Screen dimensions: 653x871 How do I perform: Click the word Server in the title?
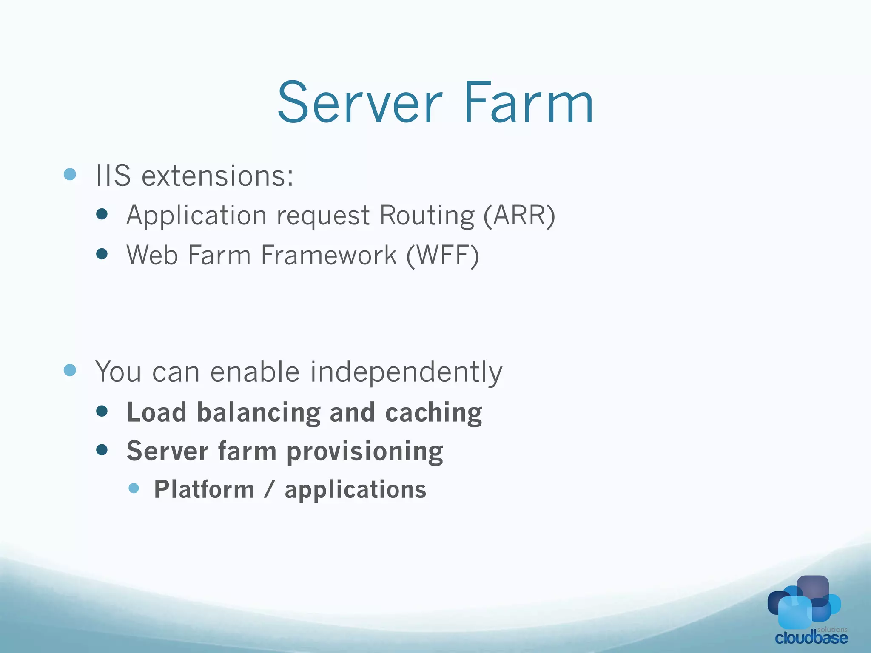pyautogui.click(x=360, y=103)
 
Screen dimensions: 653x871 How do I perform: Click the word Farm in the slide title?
pyautogui.click(x=529, y=103)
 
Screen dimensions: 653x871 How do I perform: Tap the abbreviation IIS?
pyautogui.click(x=113, y=175)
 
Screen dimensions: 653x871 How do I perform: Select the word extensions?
pyautogui.click(x=217, y=176)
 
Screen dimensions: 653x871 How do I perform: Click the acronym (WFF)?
pyautogui.click(x=443, y=255)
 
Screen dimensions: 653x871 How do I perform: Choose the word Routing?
pyautogui.click(x=427, y=216)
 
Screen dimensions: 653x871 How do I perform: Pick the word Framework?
pyautogui.click(x=329, y=255)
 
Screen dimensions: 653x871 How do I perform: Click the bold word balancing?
pyautogui.click(x=259, y=413)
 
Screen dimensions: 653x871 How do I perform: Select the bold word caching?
pyautogui.click(x=433, y=413)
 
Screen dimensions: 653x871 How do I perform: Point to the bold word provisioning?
pyautogui.click(x=365, y=451)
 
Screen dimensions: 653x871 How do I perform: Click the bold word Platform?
pyautogui.click(x=204, y=489)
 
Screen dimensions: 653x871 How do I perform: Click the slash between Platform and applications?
pyautogui.click(x=269, y=489)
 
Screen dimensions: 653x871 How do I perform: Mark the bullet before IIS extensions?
pyautogui.click(x=70, y=174)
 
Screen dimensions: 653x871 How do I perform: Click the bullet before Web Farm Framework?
pyautogui.click(x=102, y=254)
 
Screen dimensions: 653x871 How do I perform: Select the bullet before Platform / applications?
pyautogui.click(x=134, y=488)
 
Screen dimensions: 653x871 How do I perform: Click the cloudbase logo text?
pyautogui.click(x=811, y=638)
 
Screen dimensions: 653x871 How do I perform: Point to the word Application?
pyautogui.click(x=196, y=216)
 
